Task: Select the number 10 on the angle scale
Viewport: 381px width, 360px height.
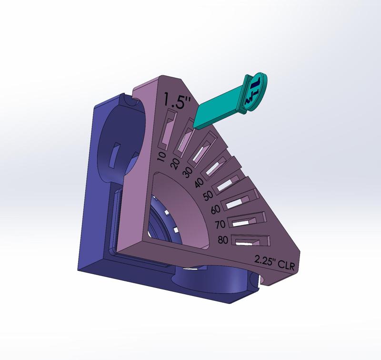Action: tap(161, 155)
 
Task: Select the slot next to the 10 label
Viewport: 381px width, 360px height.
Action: tap(168, 129)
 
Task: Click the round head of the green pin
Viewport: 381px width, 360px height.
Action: tap(255, 92)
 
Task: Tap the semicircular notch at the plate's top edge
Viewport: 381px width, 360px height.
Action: tap(128, 100)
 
